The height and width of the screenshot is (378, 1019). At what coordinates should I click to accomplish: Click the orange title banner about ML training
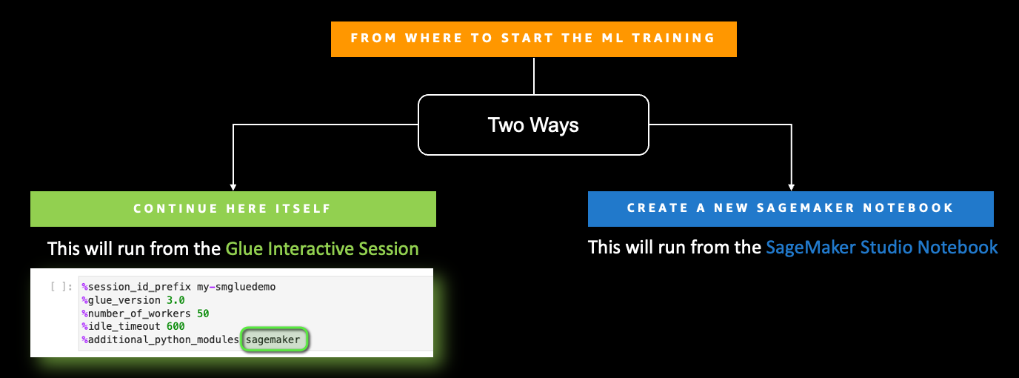pos(534,39)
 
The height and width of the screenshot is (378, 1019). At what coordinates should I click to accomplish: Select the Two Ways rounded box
pos(533,125)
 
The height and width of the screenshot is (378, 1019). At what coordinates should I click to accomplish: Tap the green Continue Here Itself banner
pos(233,209)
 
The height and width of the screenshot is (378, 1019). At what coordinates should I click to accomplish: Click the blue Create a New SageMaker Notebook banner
pos(791,208)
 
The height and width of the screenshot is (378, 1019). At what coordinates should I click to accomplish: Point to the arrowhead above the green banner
pos(233,188)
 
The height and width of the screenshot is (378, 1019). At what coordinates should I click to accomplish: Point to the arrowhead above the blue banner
pos(791,188)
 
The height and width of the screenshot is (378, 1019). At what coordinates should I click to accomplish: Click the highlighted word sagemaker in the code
pos(273,339)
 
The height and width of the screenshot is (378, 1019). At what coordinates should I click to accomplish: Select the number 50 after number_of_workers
pos(203,314)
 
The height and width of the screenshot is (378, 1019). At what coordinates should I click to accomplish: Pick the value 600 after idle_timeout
pos(176,326)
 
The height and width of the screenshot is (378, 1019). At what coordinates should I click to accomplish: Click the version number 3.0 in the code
pos(176,300)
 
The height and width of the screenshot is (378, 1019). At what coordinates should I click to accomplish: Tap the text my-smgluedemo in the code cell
pos(236,287)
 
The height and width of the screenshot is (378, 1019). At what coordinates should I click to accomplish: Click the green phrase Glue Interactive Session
pos(322,248)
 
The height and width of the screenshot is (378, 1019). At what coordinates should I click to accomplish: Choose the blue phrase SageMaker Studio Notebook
pos(881,248)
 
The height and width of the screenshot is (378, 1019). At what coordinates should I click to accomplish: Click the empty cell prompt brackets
pos(61,286)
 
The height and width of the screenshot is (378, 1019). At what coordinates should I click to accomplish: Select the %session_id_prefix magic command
pos(136,287)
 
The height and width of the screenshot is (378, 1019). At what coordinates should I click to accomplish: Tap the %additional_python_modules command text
pos(160,339)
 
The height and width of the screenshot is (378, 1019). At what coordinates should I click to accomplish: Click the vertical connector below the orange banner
pos(534,76)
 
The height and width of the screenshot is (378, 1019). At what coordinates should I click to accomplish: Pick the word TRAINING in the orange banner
pos(673,39)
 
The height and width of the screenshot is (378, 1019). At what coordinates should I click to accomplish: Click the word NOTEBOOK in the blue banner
pos(908,208)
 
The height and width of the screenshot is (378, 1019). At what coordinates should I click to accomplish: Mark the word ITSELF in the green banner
pos(302,208)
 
